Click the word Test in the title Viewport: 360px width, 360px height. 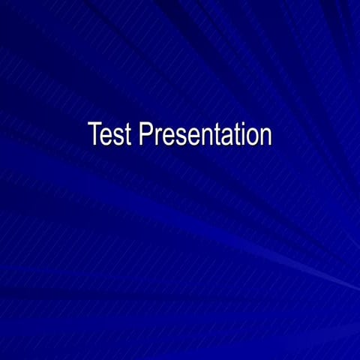109,135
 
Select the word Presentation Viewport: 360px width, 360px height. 205,135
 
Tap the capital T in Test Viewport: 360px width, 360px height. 94,135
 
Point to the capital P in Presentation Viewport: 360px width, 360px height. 145,135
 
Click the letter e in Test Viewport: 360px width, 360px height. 106,137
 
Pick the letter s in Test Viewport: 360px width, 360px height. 118,137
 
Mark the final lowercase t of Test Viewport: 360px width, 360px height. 127,136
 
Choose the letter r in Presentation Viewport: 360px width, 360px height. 157,137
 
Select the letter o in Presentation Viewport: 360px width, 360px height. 250,137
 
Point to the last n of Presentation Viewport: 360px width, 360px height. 264,137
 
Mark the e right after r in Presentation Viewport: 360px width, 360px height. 166,137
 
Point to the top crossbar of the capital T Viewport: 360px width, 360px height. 94,124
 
